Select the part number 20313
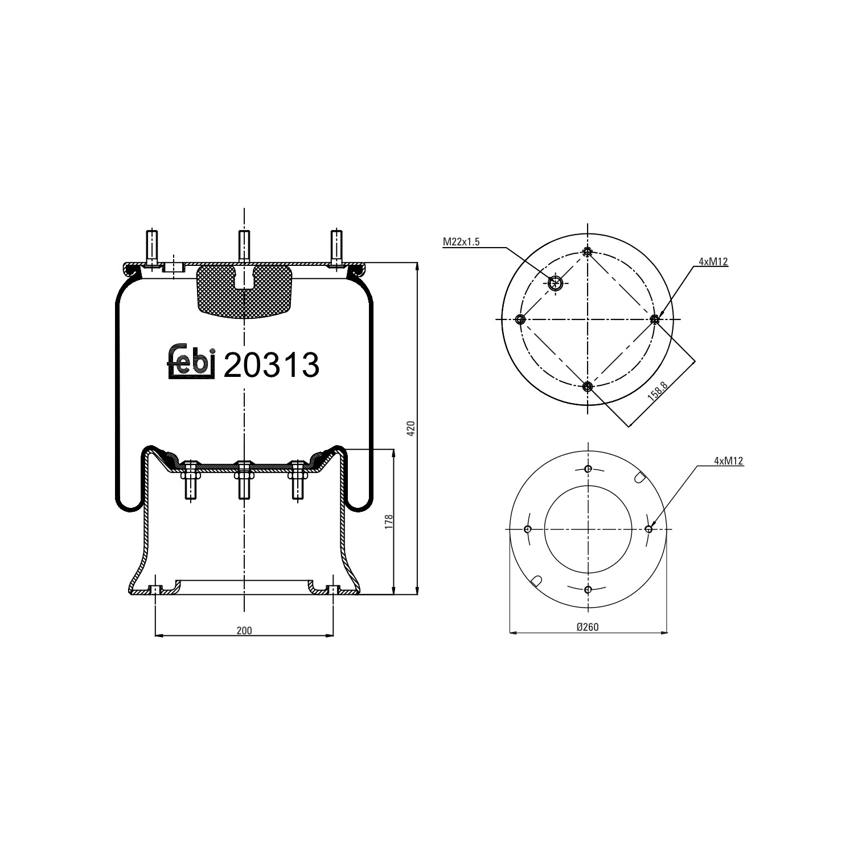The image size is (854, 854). click(271, 365)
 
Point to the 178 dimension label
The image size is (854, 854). click(388, 522)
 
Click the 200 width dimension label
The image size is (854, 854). click(244, 630)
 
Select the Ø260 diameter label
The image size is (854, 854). click(588, 627)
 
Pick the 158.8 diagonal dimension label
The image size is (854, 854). click(658, 393)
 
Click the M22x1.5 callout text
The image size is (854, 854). click(461, 242)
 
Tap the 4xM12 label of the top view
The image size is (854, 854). click(713, 262)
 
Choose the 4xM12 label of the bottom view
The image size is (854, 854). click(729, 461)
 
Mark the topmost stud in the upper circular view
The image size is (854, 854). click(588, 252)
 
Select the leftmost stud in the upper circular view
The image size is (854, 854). click(519, 319)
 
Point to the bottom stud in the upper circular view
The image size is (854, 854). click(588, 387)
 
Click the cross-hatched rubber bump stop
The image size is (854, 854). click(244, 291)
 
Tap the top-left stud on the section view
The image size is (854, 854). click(152, 247)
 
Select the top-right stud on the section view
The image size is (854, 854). click(336, 247)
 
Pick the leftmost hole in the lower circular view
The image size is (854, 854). click(528, 529)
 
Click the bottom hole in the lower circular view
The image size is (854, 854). click(588, 589)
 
